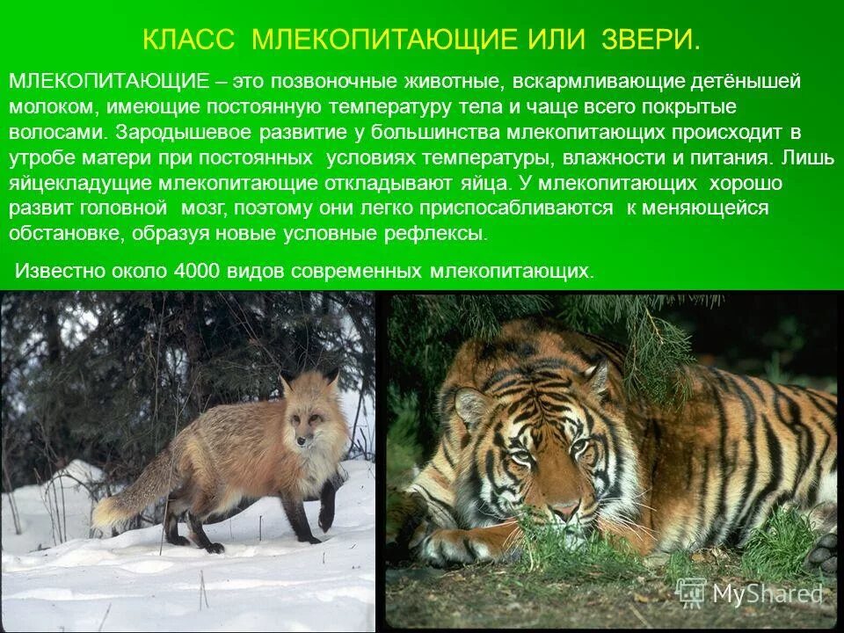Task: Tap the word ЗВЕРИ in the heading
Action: click(651, 40)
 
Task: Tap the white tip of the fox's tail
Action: click(104, 513)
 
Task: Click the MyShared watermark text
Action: click(767, 594)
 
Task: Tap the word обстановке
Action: click(64, 234)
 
